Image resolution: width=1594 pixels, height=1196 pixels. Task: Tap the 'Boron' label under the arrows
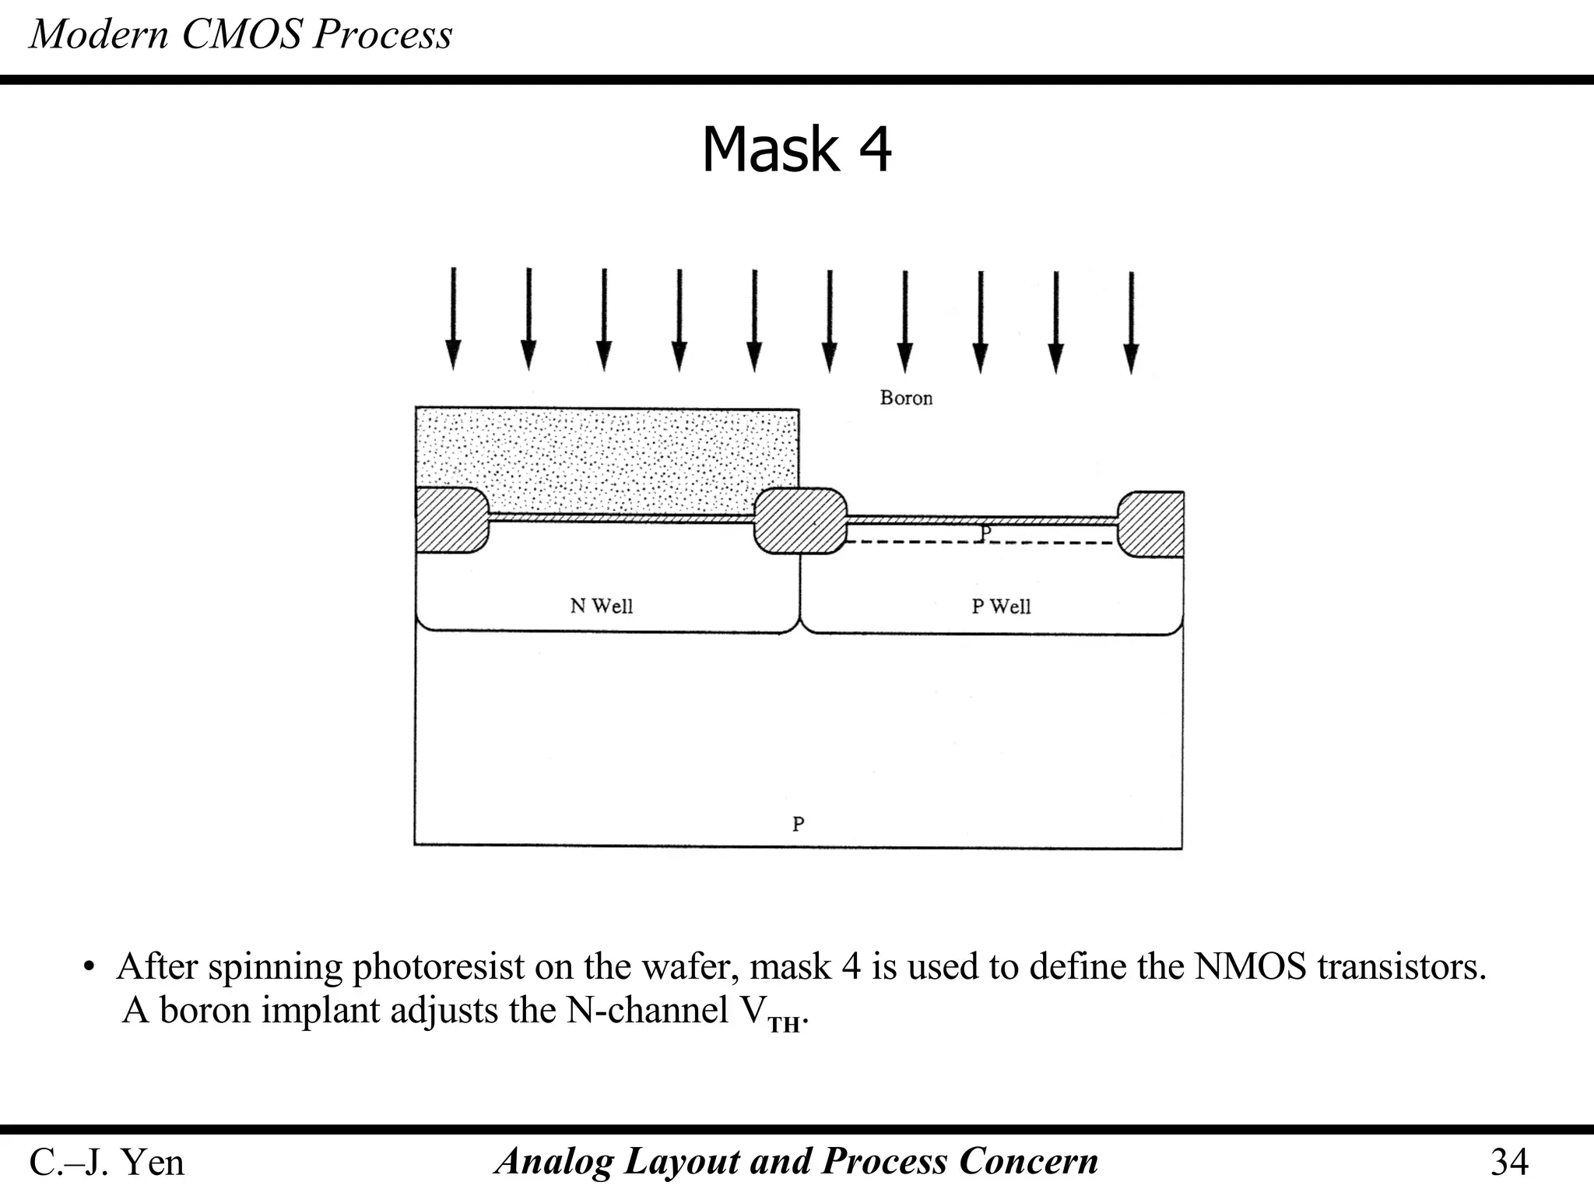(906, 398)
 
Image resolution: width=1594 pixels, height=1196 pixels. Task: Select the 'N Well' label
(601, 606)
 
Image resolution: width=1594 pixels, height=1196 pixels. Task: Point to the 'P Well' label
(1001, 606)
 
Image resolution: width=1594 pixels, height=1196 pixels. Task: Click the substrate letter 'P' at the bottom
(798, 823)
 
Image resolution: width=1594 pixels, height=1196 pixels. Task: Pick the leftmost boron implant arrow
(452, 319)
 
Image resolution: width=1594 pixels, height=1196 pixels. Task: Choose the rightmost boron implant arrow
(1131, 322)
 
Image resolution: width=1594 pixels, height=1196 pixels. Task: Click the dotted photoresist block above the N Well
(607, 456)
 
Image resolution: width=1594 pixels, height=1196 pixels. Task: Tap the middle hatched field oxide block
(800, 520)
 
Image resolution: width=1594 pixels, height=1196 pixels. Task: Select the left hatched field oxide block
(450, 519)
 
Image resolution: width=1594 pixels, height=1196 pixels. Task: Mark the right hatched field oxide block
(1151, 525)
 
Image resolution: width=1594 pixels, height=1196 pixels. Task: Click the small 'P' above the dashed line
(985, 533)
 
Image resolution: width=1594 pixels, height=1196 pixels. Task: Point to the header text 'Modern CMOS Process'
(241, 34)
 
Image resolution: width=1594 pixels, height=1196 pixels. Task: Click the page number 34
(1509, 1162)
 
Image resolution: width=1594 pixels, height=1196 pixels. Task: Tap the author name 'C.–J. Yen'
(107, 1163)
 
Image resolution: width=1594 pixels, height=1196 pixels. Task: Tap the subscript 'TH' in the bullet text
(784, 1025)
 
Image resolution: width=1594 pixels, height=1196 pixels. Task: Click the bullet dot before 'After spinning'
(90, 968)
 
